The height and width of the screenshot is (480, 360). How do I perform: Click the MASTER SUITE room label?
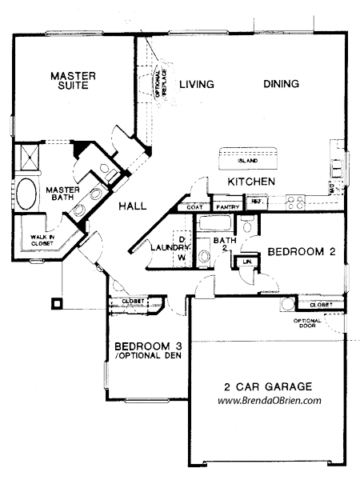(x=73, y=82)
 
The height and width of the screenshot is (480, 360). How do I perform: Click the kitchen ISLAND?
(x=249, y=158)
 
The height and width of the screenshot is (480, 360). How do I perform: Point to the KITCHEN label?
(x=251, y=182)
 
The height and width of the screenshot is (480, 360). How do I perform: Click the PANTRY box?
(x=226, y=206)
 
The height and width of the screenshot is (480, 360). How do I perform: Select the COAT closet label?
(x=195, y=206)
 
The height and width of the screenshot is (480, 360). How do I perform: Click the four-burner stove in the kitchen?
(x=293, y=202)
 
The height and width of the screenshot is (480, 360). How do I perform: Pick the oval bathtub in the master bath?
(x=26, y=194)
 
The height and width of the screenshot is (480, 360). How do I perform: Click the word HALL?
(x=132, y=206)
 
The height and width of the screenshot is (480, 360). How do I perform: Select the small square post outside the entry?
(x=57, y=303)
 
